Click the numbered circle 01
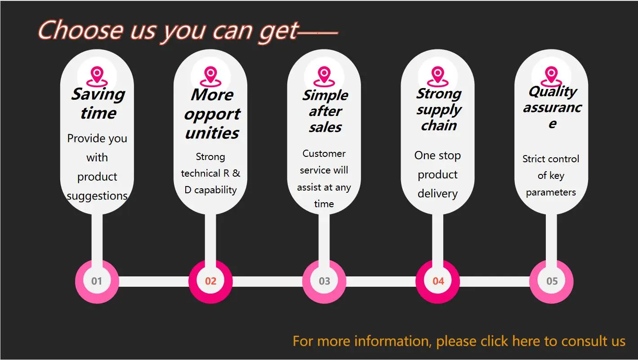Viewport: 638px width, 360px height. [97, 281]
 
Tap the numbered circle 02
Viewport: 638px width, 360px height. [210, 281]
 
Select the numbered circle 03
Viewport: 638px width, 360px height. [324, 281]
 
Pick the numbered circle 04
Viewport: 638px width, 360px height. [438, 281]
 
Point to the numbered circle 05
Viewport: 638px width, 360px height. [552, 281]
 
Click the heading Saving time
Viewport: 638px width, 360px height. [98, 103]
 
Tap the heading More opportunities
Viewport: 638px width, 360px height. [212, 114]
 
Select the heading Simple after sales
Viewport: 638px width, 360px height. [325, 111]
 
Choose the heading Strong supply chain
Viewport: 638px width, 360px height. [438, 109]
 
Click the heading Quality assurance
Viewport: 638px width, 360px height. [552, 107]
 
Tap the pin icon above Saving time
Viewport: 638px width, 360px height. [97, 76]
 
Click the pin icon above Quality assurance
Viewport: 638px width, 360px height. [551, 76]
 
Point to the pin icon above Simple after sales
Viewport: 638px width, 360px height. [324, 76]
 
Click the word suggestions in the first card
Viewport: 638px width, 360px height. [97, 196]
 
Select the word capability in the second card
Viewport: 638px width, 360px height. [215, 190]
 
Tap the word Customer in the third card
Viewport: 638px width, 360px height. [324, 154]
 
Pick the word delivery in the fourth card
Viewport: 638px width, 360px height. [437, 194]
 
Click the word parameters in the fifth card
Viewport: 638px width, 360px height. [551, 192]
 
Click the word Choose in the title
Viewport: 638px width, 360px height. [80, 31]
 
